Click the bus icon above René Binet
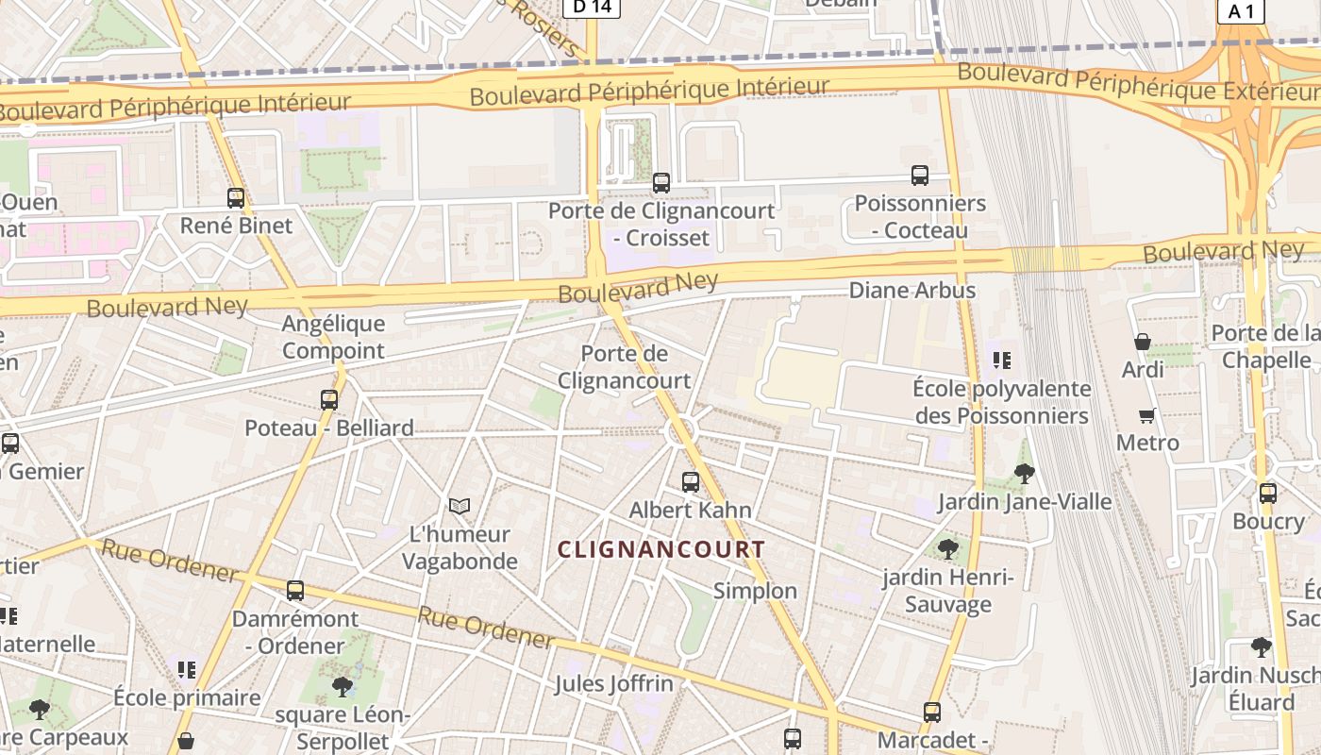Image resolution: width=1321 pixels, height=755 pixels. pos(236,198)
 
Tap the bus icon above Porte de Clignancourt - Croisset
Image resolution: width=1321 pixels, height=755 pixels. pos(661,183)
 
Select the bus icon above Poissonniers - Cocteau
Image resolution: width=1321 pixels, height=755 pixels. pos(920,176)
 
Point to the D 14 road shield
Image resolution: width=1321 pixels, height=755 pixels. pos(592,8)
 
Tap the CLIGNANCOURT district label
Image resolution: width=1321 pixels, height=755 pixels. pos(660,549)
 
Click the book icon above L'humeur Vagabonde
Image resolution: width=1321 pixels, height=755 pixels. pos(460,507)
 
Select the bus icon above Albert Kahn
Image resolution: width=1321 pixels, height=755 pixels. pos(691,482)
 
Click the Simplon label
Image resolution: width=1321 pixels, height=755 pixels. pos(755,591)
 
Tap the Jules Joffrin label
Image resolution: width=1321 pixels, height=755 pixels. pos(614,683)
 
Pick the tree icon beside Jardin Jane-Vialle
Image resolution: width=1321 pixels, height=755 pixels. pos(1024,474)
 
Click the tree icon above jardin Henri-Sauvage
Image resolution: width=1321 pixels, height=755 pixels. pos(948,548)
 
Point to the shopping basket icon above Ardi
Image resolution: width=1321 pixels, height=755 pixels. pos(1143,342)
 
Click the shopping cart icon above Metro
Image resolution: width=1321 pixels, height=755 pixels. pos(1147,415)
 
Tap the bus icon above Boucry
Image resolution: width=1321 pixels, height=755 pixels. pos(1268,493)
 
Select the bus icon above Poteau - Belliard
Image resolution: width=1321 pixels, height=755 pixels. pos(329,400)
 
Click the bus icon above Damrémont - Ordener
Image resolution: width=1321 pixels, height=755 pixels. pos(295,592)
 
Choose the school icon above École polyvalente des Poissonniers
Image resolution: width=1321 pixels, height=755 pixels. pos(1002,360)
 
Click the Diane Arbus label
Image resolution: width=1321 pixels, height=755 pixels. pos(911,290)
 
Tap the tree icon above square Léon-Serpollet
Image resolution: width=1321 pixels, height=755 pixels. pos(343,686)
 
